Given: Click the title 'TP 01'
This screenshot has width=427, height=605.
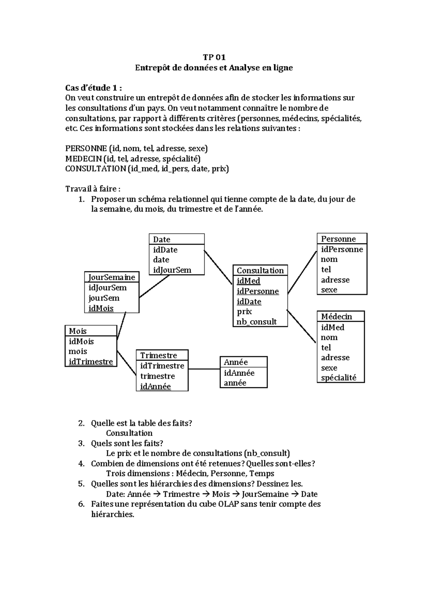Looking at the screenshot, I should coord(214,57).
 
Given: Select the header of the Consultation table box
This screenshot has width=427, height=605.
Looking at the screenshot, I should coord(260,270).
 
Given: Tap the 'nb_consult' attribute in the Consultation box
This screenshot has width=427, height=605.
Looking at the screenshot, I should coord(257,322).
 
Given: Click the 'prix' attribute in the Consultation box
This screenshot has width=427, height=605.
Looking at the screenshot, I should coord(244,311).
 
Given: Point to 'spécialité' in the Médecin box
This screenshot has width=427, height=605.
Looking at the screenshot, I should coord(338,378).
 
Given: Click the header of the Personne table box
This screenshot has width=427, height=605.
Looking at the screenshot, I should coord(338,239).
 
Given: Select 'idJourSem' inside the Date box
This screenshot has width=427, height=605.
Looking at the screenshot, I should coord(172,270).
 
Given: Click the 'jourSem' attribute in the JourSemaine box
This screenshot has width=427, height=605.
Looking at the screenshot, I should coord(104,298).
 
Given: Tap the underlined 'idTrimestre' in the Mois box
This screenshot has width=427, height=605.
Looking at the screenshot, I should coord(91,362).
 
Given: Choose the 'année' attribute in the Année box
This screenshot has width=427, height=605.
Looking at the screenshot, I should coord(235,383).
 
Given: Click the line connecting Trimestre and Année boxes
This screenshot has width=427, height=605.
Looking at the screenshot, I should coord(204,369).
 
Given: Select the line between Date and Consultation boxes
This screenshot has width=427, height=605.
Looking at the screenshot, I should coord(218,267).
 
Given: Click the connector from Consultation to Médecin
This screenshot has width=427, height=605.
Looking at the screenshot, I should coord(302,326).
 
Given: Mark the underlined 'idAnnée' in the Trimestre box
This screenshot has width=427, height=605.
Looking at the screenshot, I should coord(155,387).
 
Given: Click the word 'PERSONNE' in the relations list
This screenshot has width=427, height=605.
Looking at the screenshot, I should coord(86,149).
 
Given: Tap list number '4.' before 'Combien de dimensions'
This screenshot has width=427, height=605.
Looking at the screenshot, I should coord(81,464).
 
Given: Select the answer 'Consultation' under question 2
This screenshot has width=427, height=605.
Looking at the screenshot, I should coord(129,433).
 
